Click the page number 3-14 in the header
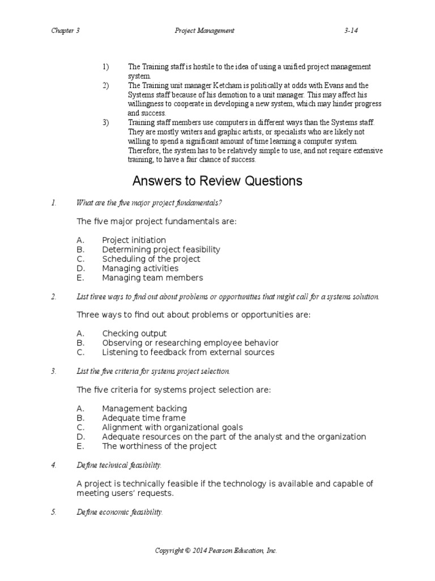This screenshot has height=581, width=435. [352, 31]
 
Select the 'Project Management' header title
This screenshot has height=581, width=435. [204, 31]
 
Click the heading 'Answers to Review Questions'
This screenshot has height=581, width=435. [217, 181]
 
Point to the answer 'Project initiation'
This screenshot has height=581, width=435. [134, 240]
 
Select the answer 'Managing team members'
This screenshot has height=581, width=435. [152, 278]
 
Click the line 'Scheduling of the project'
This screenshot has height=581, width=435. [151, 259]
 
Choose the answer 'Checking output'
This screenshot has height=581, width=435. [134, 334]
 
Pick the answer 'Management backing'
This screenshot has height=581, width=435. [144, 409]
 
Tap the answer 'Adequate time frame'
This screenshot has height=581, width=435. [144, 418]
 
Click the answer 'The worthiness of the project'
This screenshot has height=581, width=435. [159, 446]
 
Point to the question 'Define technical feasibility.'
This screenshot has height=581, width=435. [119, 465]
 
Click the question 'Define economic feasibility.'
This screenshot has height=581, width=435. [120, 512]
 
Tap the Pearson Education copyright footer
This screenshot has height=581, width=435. [217, 550]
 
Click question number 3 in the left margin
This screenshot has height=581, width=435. [53, 371]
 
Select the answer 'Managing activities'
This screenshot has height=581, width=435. [140, 268]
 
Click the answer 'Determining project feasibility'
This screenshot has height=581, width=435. [161, 250]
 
